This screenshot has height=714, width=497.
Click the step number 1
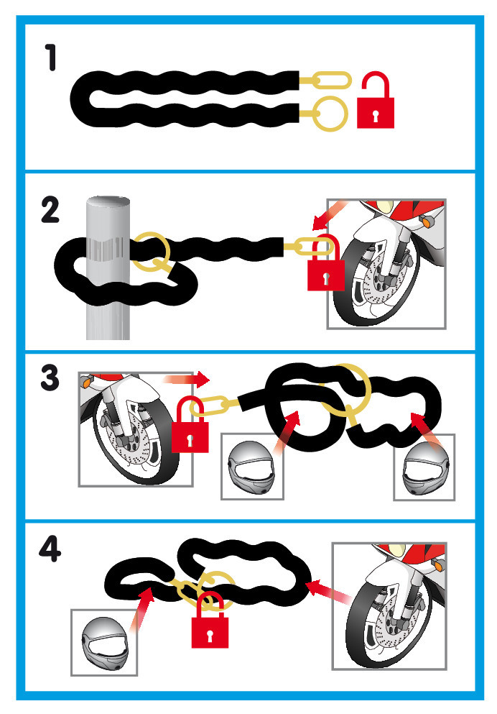pyautogui.click(x=52, y=58)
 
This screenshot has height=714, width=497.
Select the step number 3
pyautogui.click(x=50, y=378)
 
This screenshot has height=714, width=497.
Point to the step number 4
pyautogui.click(x=50, y=549)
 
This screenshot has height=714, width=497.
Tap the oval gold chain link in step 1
pyautogui.click(x=332, y=80)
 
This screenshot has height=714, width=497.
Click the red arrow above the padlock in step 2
pyautogui.click(x=329, y=215)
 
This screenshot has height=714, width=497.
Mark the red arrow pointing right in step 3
pyautogui.click(x=187, y=379)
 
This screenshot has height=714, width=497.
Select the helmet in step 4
pyautogui.click(x=105, y=644)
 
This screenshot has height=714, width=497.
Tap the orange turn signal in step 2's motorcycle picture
pyautogui.click(x=427, y=221)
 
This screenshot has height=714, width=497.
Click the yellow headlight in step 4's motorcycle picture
pyautogui.click(x=396, y=549)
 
